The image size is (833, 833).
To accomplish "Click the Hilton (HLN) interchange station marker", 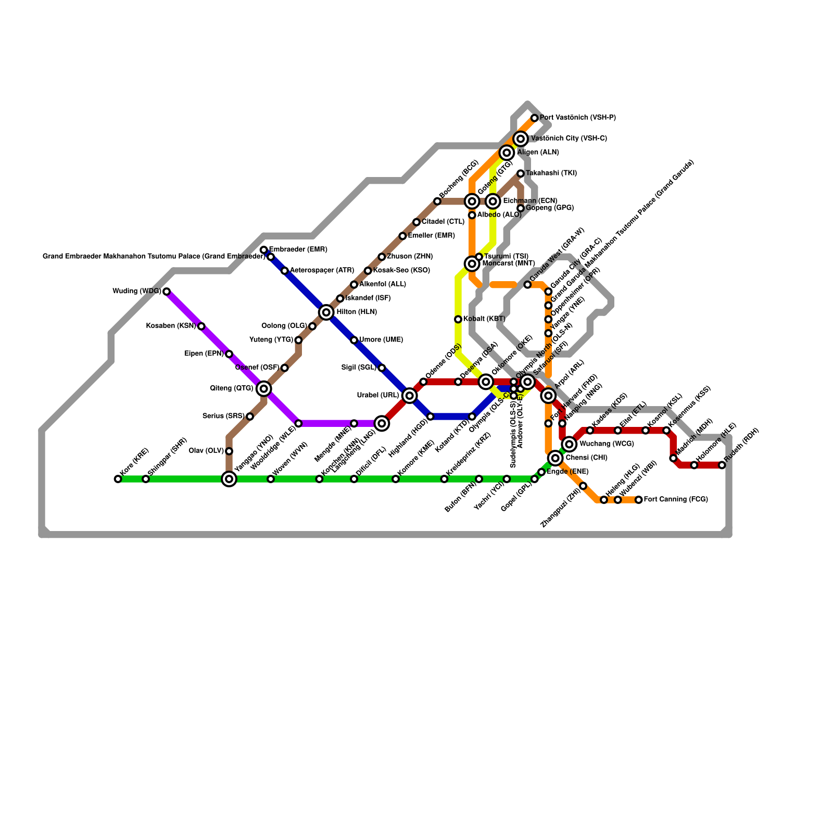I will click(x=326, y=312).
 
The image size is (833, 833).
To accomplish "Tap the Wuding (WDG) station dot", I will click(x=167, y=292).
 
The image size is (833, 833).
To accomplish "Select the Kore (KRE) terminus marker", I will click(x=118, y=479).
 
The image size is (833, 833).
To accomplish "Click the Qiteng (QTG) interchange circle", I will click(x=264, y=388).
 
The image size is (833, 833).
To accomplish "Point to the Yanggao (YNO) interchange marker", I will click(x=229, y=479).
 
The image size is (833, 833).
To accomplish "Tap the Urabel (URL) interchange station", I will click(x=410, y=396).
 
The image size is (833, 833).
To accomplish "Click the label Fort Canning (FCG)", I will click(x=676, y=500).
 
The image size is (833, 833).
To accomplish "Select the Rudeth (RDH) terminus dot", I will click(x=722, y=465).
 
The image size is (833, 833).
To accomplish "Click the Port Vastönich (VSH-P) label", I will click(x=578, y=118).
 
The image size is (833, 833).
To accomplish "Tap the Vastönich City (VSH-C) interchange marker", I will click(x=521, y=139).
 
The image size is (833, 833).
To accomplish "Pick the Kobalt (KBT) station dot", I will click(x=458, y=319).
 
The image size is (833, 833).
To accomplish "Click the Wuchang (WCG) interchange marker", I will click(x=570, y=444).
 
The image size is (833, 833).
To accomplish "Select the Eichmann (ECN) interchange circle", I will click(x=493, y=201).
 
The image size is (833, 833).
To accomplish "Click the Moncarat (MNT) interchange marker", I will click(x=472, y=264).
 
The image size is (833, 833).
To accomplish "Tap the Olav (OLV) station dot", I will click(x=229, y=451).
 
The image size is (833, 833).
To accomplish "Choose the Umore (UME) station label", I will click(x=381, y=340).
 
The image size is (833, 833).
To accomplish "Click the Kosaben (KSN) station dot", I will click(x=201, y=326).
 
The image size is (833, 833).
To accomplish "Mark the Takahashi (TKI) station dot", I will click(x=521, y=173).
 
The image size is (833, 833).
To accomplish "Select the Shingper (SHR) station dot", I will click(x=146, y=479).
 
